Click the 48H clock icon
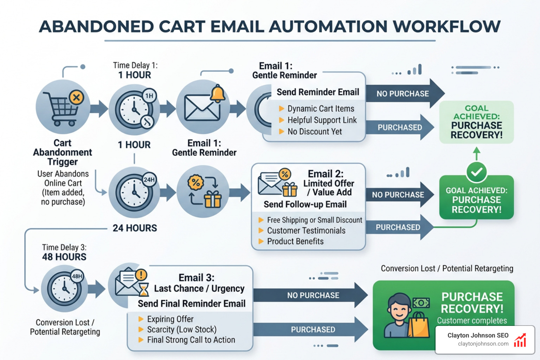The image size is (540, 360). [65, 289]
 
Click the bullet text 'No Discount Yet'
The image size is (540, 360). [314, 131]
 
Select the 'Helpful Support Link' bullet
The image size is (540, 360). [322, 120]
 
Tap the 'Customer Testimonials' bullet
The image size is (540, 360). [306, 231]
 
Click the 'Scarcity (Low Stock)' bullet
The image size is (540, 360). [181, 329]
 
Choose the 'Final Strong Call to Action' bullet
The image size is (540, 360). [191, 340]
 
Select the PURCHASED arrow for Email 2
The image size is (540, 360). [398, 227]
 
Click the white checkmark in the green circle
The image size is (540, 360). [476, 172]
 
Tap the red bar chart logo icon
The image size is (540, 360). [520, 340]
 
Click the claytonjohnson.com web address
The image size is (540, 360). [483, 344]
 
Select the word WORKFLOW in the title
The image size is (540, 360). [446, 27]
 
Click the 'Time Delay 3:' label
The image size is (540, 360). [64, 247]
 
